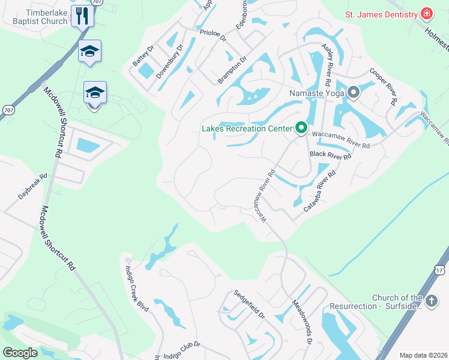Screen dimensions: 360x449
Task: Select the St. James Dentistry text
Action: pos(381,14)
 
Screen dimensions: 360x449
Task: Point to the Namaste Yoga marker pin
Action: pos(353,93)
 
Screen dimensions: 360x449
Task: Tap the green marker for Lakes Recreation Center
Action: pos(301,128)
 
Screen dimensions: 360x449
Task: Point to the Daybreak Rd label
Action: pos(32,187)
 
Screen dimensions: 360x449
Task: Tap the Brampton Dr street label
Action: pos(232,71)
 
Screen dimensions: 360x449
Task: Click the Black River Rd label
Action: pos(330,155)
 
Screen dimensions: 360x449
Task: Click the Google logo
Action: pos(20,353)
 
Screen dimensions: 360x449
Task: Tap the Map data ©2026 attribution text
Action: pos(423,355)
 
